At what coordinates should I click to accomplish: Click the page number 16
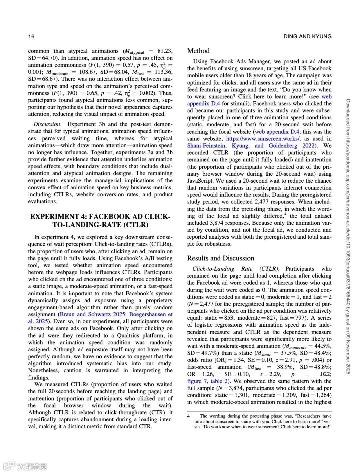coord(31,36)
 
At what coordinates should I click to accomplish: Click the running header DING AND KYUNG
coord(307,36)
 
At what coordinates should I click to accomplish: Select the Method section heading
coord(198,51)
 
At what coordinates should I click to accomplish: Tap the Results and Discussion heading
coord(220,258)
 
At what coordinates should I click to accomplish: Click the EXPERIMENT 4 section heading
coord(100,221)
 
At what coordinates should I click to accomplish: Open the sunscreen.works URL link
coord(263,139)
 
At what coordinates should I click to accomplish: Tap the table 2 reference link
coord(219,381)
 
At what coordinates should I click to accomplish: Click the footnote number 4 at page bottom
coord(188,416)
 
